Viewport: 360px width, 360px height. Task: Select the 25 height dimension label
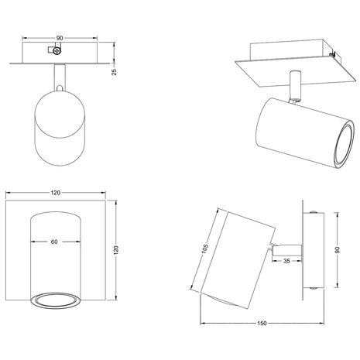click(112, 72)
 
